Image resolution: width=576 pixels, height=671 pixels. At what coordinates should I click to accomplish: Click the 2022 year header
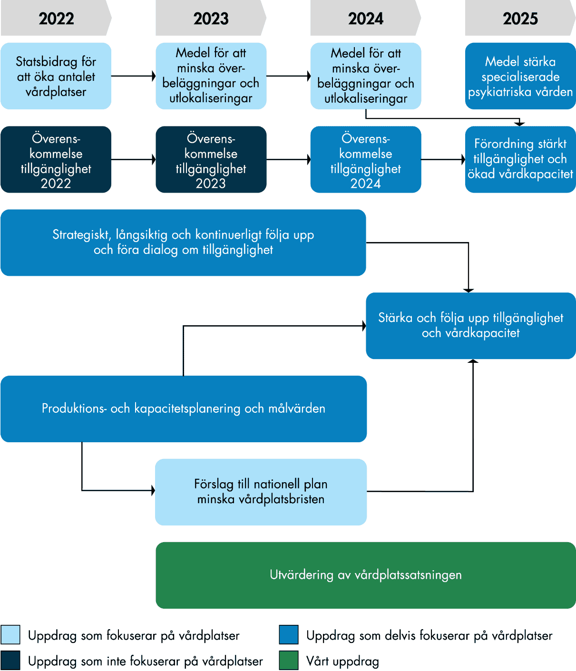(x=56, y=19)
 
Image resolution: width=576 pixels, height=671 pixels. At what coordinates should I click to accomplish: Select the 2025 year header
(x=520, y=19)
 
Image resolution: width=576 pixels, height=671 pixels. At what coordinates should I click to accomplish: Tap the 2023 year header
(x=211, y=19)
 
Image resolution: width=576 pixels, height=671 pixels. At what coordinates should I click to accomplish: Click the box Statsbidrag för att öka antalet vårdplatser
(x=56, y=76)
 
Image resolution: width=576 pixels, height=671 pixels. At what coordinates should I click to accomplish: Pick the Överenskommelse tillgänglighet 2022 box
(x=56, y=159)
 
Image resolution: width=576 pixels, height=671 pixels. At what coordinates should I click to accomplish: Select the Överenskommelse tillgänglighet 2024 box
(x=365, y=159)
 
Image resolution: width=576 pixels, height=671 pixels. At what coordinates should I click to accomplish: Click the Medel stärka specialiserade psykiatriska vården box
(x=520, y=76)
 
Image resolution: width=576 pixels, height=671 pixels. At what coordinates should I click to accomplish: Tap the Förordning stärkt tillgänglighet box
(x=520, y=159)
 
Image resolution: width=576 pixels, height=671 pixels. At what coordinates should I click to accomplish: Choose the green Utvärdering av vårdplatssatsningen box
(x=365, y=575)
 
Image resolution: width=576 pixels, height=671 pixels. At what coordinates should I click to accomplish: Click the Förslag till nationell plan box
(x=261, y=492)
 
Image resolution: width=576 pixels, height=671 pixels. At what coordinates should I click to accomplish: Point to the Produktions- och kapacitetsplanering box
(x=184, y=408)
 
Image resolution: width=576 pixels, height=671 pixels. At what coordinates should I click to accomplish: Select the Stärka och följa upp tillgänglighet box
(x=470, y=325)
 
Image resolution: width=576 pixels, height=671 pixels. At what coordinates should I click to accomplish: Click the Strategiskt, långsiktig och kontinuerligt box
(x=183, y=242)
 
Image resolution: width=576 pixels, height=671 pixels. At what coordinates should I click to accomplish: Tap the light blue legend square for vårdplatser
(x=10, y=635)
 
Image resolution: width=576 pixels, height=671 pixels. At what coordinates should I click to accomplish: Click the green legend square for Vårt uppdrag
(x=289, y=661)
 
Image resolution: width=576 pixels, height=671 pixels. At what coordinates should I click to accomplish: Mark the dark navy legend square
(x=10, y=661)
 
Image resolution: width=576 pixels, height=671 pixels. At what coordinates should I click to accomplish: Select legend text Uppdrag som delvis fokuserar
(x=429, y=635)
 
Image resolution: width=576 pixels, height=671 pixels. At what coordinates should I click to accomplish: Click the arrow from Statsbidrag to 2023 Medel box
(x=133, y=76)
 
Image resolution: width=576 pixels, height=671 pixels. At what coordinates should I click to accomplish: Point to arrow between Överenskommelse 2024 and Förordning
(x=443, y=159)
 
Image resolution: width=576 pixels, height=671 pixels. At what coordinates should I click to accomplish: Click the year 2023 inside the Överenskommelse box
(x=211, y=184)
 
